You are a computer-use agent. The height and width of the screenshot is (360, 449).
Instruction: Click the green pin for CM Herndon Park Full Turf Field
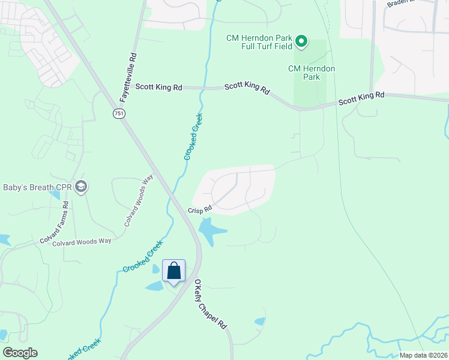coord(302,42)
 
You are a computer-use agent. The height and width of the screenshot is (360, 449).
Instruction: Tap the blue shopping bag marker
coord(173,271)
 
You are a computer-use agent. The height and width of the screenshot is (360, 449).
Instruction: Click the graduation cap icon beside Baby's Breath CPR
coord(82,187)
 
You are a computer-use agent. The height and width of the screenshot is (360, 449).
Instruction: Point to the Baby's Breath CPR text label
coord(37,188)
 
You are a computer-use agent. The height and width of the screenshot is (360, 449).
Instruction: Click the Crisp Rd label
coord(200,210)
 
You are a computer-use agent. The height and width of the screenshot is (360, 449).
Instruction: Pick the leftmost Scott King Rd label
coord(158,87)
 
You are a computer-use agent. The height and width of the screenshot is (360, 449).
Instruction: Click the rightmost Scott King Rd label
coord(361,99)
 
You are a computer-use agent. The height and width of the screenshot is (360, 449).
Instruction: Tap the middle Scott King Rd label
coord(247,87)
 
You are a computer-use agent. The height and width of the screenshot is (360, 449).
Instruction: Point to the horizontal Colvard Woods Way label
coord(82,242)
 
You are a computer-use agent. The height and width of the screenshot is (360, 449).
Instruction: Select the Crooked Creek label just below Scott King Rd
coord(193,136)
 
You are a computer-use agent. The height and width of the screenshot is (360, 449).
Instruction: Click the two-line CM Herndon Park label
coord(312,73)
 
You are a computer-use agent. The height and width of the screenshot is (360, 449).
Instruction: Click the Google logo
coord(20,353)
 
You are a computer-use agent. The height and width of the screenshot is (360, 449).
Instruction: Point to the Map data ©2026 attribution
coord(423,355)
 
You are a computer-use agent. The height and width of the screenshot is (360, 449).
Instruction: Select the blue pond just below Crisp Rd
coord(210,230)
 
